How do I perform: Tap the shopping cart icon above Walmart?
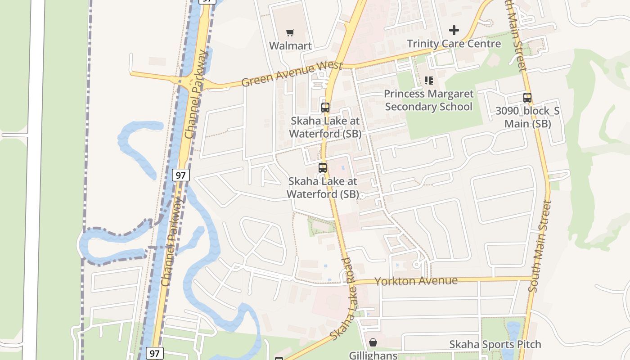(x=290, y=32)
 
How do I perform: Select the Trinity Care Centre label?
(x=454, y=44)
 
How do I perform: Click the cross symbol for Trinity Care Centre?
(x=454, y=30)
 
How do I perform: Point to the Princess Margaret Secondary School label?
(x=428, y=100)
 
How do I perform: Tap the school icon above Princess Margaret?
(x=429, y=81)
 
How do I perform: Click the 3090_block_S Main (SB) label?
(x=527, y=117)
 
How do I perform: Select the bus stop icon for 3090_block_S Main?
(x=527, y=97)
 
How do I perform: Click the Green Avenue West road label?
(x=292, y=74)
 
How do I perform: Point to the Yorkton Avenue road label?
(x=416, y=281)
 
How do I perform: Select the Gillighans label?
(x=373, y=355)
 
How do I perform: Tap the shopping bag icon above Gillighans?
(x=373, y=342)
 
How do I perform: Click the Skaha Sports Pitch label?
(x=495, y=345)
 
